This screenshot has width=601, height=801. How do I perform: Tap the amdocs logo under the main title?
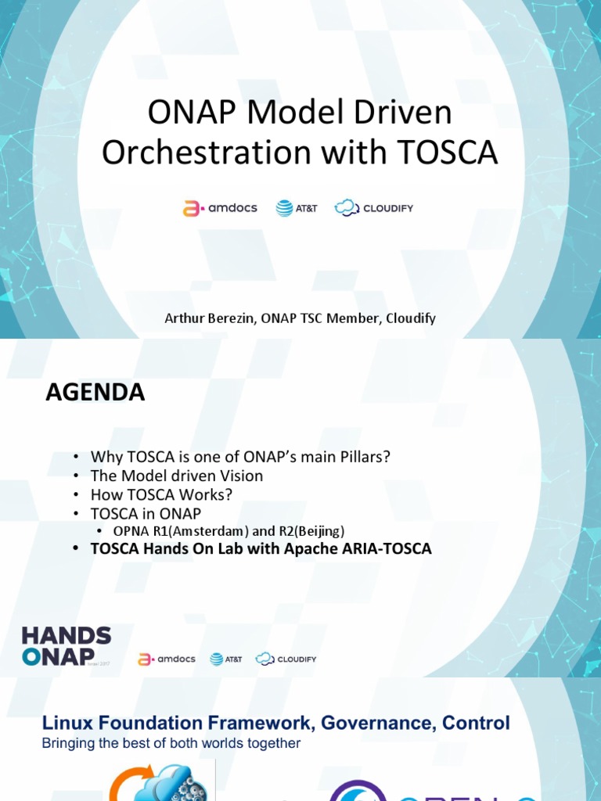[x=220, y=208]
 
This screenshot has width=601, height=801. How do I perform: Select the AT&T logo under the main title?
[x=297, y=208]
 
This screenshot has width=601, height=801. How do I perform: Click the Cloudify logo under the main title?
[x=373, y=208]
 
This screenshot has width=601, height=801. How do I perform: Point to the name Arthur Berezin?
[x=205, y=318]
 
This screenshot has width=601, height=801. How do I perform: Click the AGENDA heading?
[x=95, y=393]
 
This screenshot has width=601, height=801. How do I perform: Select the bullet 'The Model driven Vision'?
[x=177, y=476]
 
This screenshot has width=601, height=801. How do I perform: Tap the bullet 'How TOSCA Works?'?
[x=161, y=494]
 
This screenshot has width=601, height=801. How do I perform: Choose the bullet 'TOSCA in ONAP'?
[x=146, y=513]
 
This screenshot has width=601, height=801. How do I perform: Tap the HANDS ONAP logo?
[x=67, y=646]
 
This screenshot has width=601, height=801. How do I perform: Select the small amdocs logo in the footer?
[x=167, y=659]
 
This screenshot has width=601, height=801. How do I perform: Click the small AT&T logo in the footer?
[x=226, y=659]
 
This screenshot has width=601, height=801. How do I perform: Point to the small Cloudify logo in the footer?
[x=286, y=659]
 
